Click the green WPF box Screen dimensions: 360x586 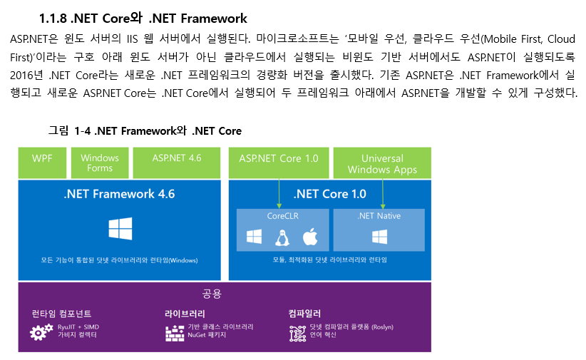point(42,163)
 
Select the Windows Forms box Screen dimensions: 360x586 point(100,163)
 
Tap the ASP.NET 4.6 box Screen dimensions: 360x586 point(177,158)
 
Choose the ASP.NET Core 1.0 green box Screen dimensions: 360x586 point(279,158)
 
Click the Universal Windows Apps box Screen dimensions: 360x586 point(382,163)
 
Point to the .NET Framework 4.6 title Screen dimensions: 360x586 point(119,194)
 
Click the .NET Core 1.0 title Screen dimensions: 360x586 point(330,194)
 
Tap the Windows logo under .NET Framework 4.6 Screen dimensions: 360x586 point(120,230)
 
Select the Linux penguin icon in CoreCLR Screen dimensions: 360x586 point(282,237)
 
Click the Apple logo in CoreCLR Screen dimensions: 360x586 point(309,237)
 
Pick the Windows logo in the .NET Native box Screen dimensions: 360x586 point(379,237)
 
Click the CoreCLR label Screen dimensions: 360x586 point(282,215)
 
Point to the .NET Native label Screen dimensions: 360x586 point(379,215)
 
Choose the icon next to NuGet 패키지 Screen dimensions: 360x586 point(175,331)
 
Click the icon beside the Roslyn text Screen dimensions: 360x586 point(297,331)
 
